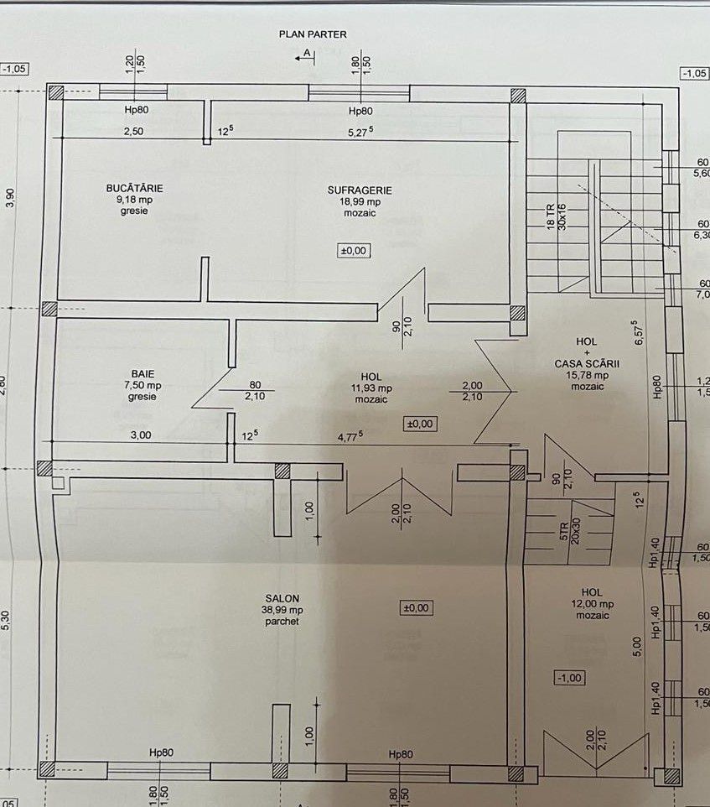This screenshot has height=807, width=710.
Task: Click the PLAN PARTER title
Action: pos(313,34)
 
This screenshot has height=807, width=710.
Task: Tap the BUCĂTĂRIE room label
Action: pos(134,189)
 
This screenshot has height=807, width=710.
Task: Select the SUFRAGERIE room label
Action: pos(360,190)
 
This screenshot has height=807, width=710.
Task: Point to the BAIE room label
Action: pos(143,374)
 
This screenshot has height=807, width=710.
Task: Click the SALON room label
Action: pos(280,598)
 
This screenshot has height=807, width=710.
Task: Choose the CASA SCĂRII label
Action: pos(587,363)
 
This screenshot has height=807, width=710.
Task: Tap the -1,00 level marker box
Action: pos(569,677)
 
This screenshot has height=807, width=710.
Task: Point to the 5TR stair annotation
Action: pos(565,530)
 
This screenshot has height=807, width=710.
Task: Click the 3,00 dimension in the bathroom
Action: pos(141,435)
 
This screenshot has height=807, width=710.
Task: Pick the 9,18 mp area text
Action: pos(134,200)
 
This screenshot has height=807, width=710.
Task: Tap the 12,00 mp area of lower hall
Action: pos(595,604)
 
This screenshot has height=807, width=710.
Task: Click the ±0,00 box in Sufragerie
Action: pos(355,250)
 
